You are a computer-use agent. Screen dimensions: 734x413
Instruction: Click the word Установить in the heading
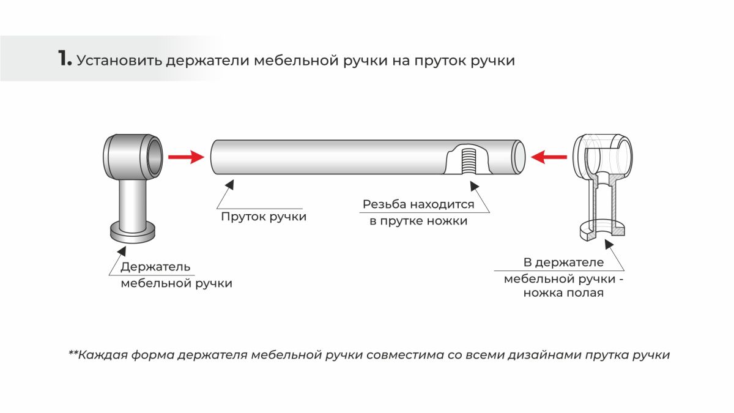point(119,61)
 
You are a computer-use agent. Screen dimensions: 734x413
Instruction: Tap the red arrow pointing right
point(186,157)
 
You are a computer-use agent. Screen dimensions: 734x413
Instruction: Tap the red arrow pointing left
point(549,157)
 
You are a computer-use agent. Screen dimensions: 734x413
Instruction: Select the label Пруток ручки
point(264,217)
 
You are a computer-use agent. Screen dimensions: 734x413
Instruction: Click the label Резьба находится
point(418,204)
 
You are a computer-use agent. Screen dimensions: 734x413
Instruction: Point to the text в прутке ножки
point(418,221)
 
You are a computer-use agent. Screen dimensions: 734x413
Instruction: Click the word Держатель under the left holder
point(155,267)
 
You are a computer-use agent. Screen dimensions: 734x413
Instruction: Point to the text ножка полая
point(563,292)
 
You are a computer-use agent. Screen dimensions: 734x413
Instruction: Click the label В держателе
point(563,262)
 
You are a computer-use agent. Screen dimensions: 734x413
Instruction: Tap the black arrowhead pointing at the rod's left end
point(230,184)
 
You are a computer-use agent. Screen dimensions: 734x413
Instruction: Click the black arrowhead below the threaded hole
point(474,186)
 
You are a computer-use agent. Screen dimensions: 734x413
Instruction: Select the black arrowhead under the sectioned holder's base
point(609,244)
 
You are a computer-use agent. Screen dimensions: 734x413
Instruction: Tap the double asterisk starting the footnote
point(73,354)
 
